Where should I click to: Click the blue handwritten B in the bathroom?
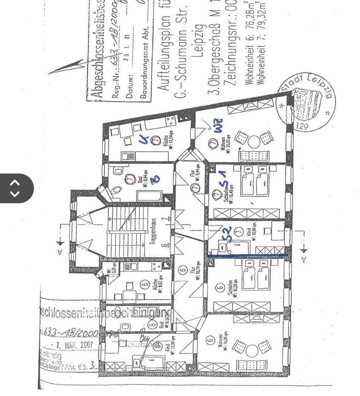[x=155, y=179]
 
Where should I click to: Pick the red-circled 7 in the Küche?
[x=156, y=140]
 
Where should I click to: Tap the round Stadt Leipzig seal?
[x=306, y=101]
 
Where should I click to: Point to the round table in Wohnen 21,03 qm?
[x=254, y=141]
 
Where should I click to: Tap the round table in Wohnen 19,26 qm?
[x=252, y=351]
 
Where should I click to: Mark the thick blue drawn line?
[x=247, y=256]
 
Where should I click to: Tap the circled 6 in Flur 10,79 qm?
[x=182, y=270]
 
